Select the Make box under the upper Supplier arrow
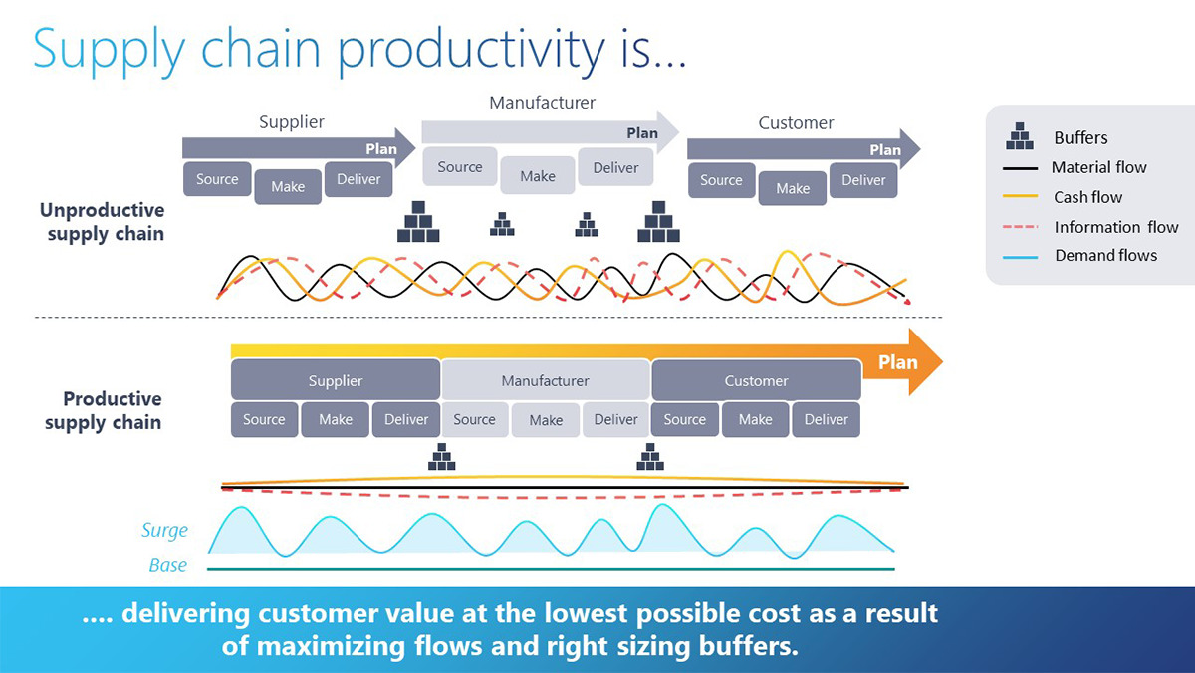click(x=288, y=186)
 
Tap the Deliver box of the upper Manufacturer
click(x=615, y=167)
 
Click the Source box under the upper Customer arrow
click(x=721, y=180)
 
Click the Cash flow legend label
click(x=1087, y=197)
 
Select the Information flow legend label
click(x=1115, y=227)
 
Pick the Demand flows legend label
click(x=1105, y=256)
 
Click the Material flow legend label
click(x=1098, y=167)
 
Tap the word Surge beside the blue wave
click(x=164, y=531)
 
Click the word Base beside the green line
click(x=167, y=565)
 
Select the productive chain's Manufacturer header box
click(x=545, y=380)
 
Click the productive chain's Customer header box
click(x=756, y=380)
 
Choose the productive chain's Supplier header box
click(x=336, y=380)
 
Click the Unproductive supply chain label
click(x=102, y=222)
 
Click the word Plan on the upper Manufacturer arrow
click(x=642, y=133)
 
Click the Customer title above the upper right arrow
click(x=796, y=123)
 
